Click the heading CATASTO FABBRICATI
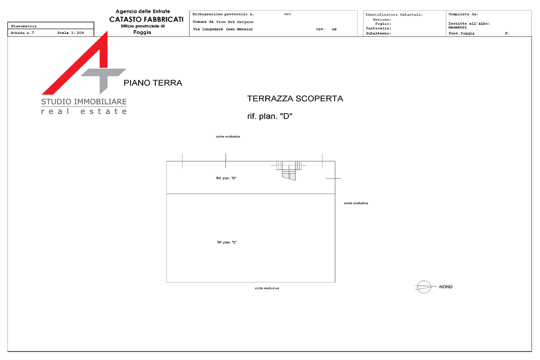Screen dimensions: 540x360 pyautogui.click(x=147, y=19)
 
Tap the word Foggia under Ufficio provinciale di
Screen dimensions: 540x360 pyautogui.click(x=142, y=33)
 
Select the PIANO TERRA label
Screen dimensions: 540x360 pyautogui.click(x=153, y=83)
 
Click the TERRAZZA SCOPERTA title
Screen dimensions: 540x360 pyautogui.click(x=295, y=98)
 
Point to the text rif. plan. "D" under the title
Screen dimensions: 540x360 pyautogui.click(x=270, y=116)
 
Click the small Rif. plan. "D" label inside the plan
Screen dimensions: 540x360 pyautogui.click(x=226, y=178)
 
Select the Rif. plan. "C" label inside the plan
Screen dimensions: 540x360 pyautogui.click(x=227, y=242)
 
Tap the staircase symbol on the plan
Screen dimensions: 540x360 pyautogui.click(x=288, y=170)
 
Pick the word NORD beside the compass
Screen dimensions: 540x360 pyautogui.click(x=446, y=286)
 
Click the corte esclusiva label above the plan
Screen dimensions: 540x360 pyautogui.click(x=228, y=137)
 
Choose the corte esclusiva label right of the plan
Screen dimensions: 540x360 pyautogui.click(x=356, y=203)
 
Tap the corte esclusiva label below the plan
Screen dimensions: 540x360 pyautogui.click(x=267, y=288)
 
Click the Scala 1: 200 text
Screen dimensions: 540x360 pyautogui.click(x=71, y=33)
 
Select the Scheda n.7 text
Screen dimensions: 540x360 pyautogui.click(x=23, y=33)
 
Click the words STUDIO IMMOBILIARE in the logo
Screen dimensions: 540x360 pyautogui.click(x=84, y=102)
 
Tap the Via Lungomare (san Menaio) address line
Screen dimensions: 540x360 pyautogui.click(x=223, y=29)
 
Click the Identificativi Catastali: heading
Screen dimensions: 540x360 pyautogui.click(x=394, y=15)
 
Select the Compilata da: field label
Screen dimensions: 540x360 pyautogui.click(x=463, y=14)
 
